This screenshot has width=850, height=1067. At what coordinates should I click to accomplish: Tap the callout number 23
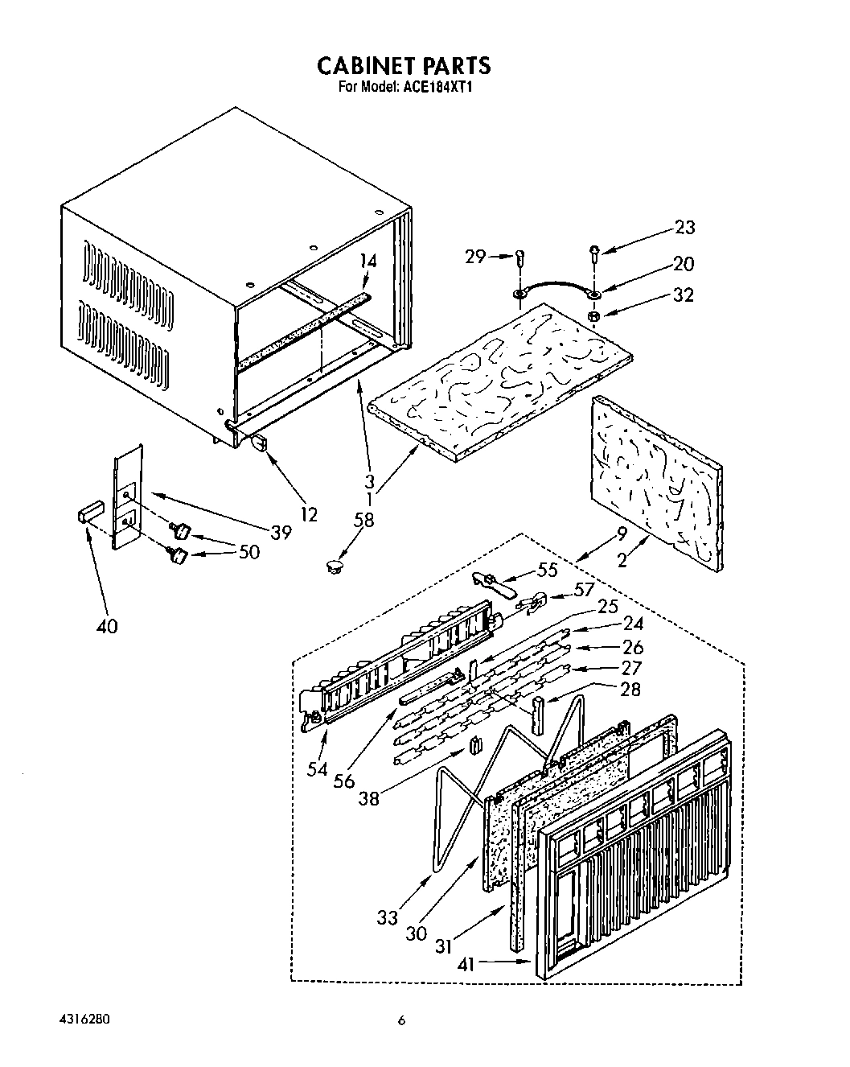[x=685, y=228]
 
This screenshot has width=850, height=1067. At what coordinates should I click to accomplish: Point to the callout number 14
[x=368, y=261]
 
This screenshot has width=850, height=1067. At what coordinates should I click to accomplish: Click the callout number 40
[x=106, y=625]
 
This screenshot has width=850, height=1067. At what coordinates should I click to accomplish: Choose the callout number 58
[x=363, y=520]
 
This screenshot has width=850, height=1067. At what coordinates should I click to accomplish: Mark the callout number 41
[x=466, y=962]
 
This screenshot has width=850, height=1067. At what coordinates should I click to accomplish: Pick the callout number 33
[x=388, y=917]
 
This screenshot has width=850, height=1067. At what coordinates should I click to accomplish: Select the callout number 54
[x=318, y=769]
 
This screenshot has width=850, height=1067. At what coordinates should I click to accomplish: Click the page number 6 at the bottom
[x=402, y=1021]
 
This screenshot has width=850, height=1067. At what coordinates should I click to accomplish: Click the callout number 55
[x=548, y=570]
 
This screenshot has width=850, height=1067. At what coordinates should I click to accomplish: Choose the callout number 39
[x=281, y=533]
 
